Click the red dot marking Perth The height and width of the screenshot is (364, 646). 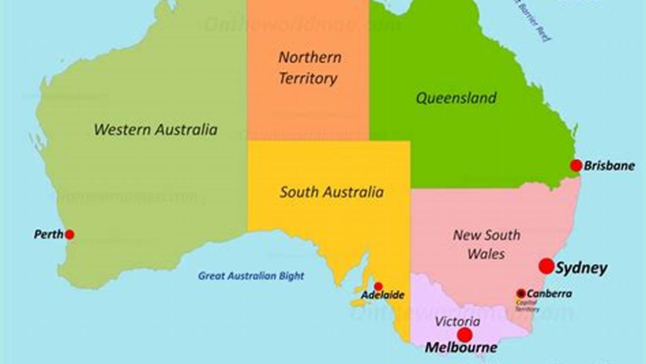[x=70, y=235]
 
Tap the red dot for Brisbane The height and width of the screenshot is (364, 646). [x=576, y=165]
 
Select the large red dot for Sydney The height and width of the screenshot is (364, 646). [x=546, y=266]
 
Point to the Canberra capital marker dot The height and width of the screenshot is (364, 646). [x=521, y=293]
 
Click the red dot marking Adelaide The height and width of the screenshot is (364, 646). [x=378, y=286]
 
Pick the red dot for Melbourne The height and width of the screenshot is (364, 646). [x=465, y=335]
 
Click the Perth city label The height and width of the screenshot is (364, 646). [x=48, y=235]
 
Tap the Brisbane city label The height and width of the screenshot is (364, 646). [x=609, y=166]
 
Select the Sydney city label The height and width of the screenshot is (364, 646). [x=581, y=268]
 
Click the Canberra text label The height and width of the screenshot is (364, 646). [x=549, y=294]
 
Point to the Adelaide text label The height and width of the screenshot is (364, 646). [x=382, y=295]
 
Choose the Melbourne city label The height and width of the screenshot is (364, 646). [x=461, y=348]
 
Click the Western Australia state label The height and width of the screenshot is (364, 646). [x=156, y=129]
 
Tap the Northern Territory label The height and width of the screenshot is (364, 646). [x=309, y=68]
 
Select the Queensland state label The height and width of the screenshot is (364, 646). [x=456, y=98]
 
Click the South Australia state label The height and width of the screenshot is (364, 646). [x=332, y=192]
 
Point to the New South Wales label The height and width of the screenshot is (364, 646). [x=486, y=244]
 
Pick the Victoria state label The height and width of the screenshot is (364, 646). [x=458, y=322]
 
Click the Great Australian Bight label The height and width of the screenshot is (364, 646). [x=251, y=276]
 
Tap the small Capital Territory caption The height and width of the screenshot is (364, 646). [x=527, y=306]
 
